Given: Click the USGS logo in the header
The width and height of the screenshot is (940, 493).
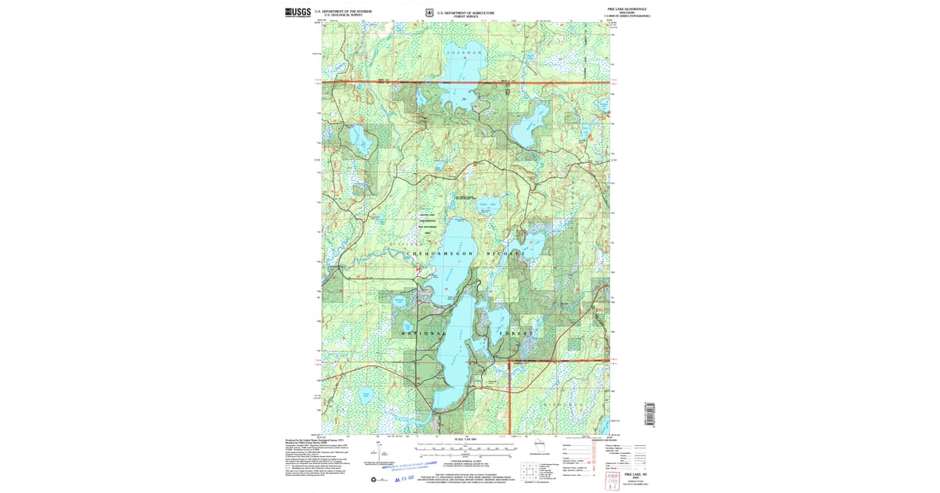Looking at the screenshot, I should pos(298,12).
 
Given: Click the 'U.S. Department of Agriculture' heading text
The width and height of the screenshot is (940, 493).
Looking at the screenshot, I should pos(466,13).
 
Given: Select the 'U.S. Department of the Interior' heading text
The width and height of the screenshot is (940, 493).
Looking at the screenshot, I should pos(343,11).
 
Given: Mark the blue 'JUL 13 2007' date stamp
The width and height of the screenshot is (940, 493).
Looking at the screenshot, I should pos(409,478).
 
